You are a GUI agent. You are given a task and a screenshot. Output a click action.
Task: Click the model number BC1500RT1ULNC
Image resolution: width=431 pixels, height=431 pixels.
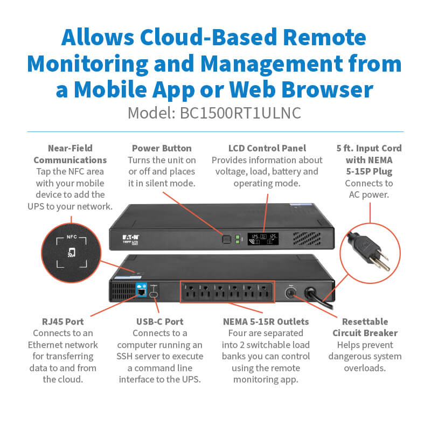(242, 114)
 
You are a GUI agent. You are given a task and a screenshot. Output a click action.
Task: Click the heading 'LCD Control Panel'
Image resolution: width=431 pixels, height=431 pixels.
(267, 148)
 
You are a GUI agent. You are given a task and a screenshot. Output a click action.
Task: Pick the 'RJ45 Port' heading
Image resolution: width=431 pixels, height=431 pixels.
(63, 322)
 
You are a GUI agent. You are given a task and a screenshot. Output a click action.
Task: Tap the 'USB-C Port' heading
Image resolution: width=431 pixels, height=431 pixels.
(159, 322)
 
